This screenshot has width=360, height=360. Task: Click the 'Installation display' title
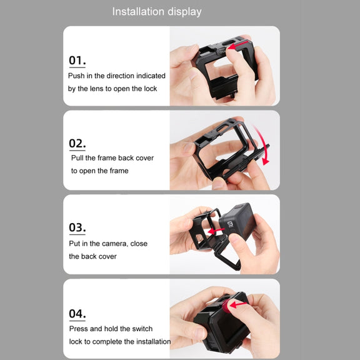point(157,12)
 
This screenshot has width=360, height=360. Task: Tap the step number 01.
point(77,61)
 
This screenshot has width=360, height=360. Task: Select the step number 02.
point(77,143)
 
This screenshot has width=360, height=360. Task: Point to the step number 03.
point(77,227)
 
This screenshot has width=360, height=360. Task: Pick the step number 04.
point(77,313)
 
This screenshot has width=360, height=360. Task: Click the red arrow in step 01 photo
point(238,45)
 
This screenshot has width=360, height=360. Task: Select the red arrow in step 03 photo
point(216,231)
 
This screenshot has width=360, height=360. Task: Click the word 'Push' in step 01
point(76,76)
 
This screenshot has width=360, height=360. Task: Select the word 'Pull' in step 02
point(77,158)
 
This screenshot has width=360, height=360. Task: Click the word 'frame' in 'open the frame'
point(119,171)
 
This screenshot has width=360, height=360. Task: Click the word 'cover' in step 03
point(107,256)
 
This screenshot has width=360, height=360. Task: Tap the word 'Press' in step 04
point(79,329)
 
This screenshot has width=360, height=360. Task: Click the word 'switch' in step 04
point(142,329)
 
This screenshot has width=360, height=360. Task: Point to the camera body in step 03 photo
point(237,221)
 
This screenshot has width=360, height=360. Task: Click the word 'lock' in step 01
point(151,89)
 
